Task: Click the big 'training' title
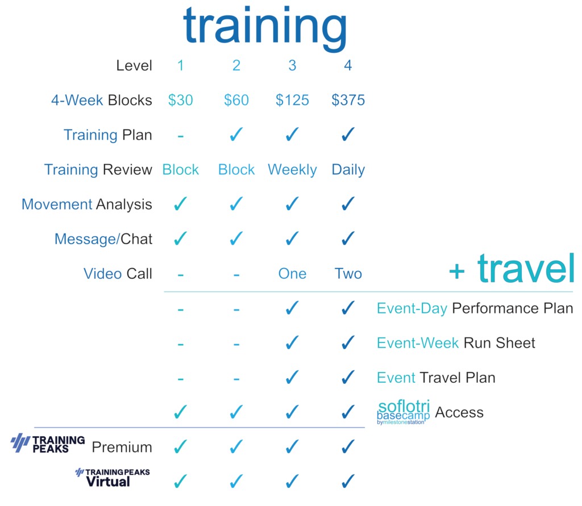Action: (x=265, y=28)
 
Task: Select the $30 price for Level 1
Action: (x=180, y=100)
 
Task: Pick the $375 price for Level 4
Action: (x=348, y=100)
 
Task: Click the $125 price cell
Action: (x=292, y=100)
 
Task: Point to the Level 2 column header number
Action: (x=236, y=66)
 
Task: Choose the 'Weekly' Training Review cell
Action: (x=292, y=170)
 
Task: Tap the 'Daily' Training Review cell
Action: (x=348, y=170)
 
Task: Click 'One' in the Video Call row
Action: (x=292, y=274)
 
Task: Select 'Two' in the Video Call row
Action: (x=348, y=274)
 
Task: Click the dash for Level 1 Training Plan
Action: (x=180, y=136)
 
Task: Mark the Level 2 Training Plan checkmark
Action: (x=236, y=134)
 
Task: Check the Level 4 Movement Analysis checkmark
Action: (x=348, y=204)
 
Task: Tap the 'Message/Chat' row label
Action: (x=103, y=239)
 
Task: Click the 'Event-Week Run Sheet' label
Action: (x=456, y=343)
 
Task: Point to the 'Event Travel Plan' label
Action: (x=436, y=378)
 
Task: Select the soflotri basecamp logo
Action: (x=404, y=412)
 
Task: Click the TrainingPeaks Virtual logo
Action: (x=113, y=478)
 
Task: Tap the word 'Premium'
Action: (x=122, y=448)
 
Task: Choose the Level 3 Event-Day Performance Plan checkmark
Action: (x=292, y=308)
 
